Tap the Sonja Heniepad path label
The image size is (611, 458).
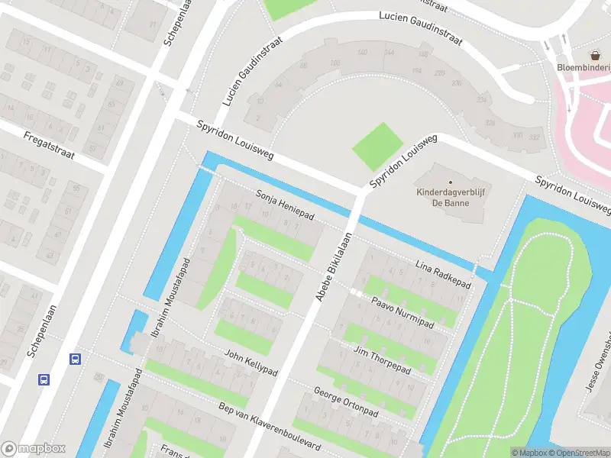[284, 204]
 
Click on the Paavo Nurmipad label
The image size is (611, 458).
[402, 314]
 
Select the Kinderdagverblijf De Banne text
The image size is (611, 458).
[451, 198]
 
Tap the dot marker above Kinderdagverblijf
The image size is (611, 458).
[451, 182]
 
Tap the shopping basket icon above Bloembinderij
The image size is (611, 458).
[594, 55]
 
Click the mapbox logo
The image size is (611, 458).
[32, 449]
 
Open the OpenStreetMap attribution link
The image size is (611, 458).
[577, 453]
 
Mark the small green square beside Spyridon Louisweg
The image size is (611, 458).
[377, 147]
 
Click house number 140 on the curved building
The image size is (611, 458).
[362, 52]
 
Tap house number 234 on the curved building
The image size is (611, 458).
[481, 100]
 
